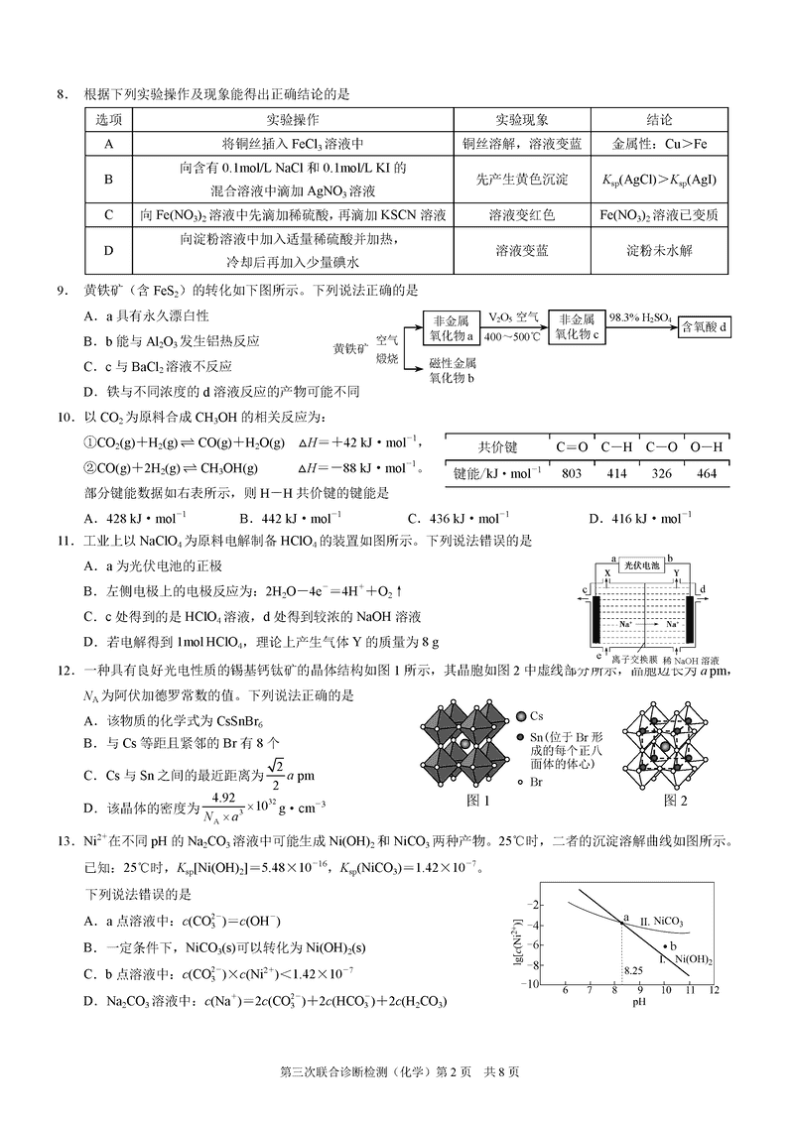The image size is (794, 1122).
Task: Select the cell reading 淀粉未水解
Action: click(x=659, y=252)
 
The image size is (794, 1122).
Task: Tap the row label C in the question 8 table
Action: click(x=108, y=214)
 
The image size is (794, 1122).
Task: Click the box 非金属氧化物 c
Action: click(x=577, y=326)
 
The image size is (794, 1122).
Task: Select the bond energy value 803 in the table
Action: click(x=572, y=473)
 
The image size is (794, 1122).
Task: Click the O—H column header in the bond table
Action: click(x=707, y=446)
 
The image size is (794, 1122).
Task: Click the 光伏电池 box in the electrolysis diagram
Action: click(x=643, y=563)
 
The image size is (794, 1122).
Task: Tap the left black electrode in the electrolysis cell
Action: click(x=597, y=620)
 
